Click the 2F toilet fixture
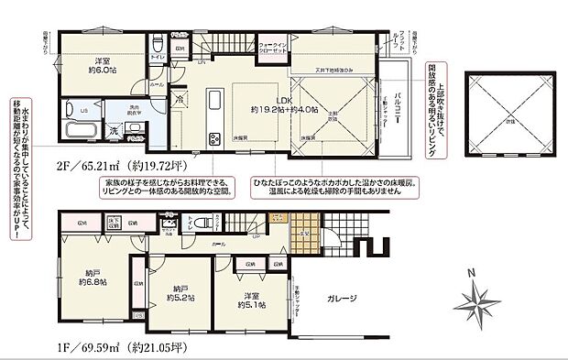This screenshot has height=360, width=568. pyautogui.click(x=158, y=43)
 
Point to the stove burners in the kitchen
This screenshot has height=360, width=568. pyautogui.click(x=214, y=139)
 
